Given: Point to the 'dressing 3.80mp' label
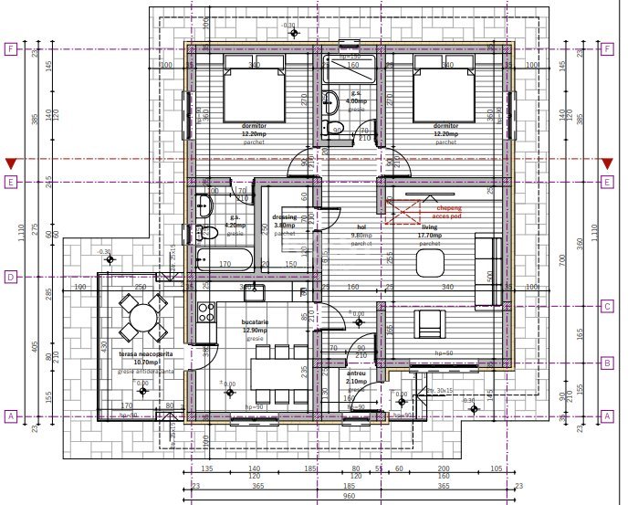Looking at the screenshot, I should tap(285, 221).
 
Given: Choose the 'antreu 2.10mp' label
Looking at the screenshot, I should tap(356, 377).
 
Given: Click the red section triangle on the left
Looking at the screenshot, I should tap(11, 163).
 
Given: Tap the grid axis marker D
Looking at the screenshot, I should tap(11, 276).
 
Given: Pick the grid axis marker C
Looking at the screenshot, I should tap(606, 306).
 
